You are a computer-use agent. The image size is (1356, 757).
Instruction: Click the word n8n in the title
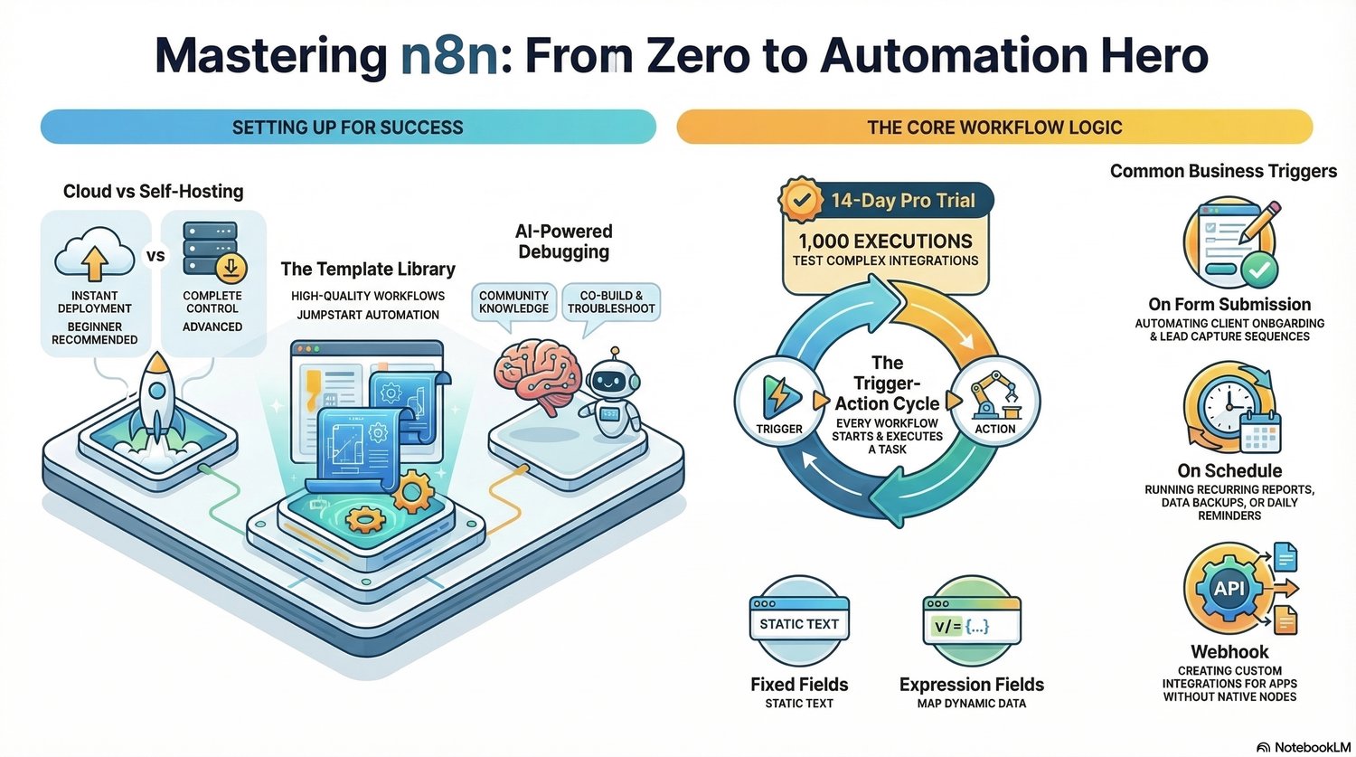click(449, 56)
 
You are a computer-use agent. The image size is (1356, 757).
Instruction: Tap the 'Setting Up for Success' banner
click(348, 128)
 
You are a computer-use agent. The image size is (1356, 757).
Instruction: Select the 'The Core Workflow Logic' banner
click(994, 128)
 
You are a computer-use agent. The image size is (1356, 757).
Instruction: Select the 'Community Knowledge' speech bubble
click(513, 302)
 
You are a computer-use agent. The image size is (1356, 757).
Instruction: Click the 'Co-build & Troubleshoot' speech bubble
click(611, 302)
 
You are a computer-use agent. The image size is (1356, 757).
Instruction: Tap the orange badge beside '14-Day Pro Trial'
click(800, 201)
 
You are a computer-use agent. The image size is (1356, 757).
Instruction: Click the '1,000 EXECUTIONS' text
click(885, 241)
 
